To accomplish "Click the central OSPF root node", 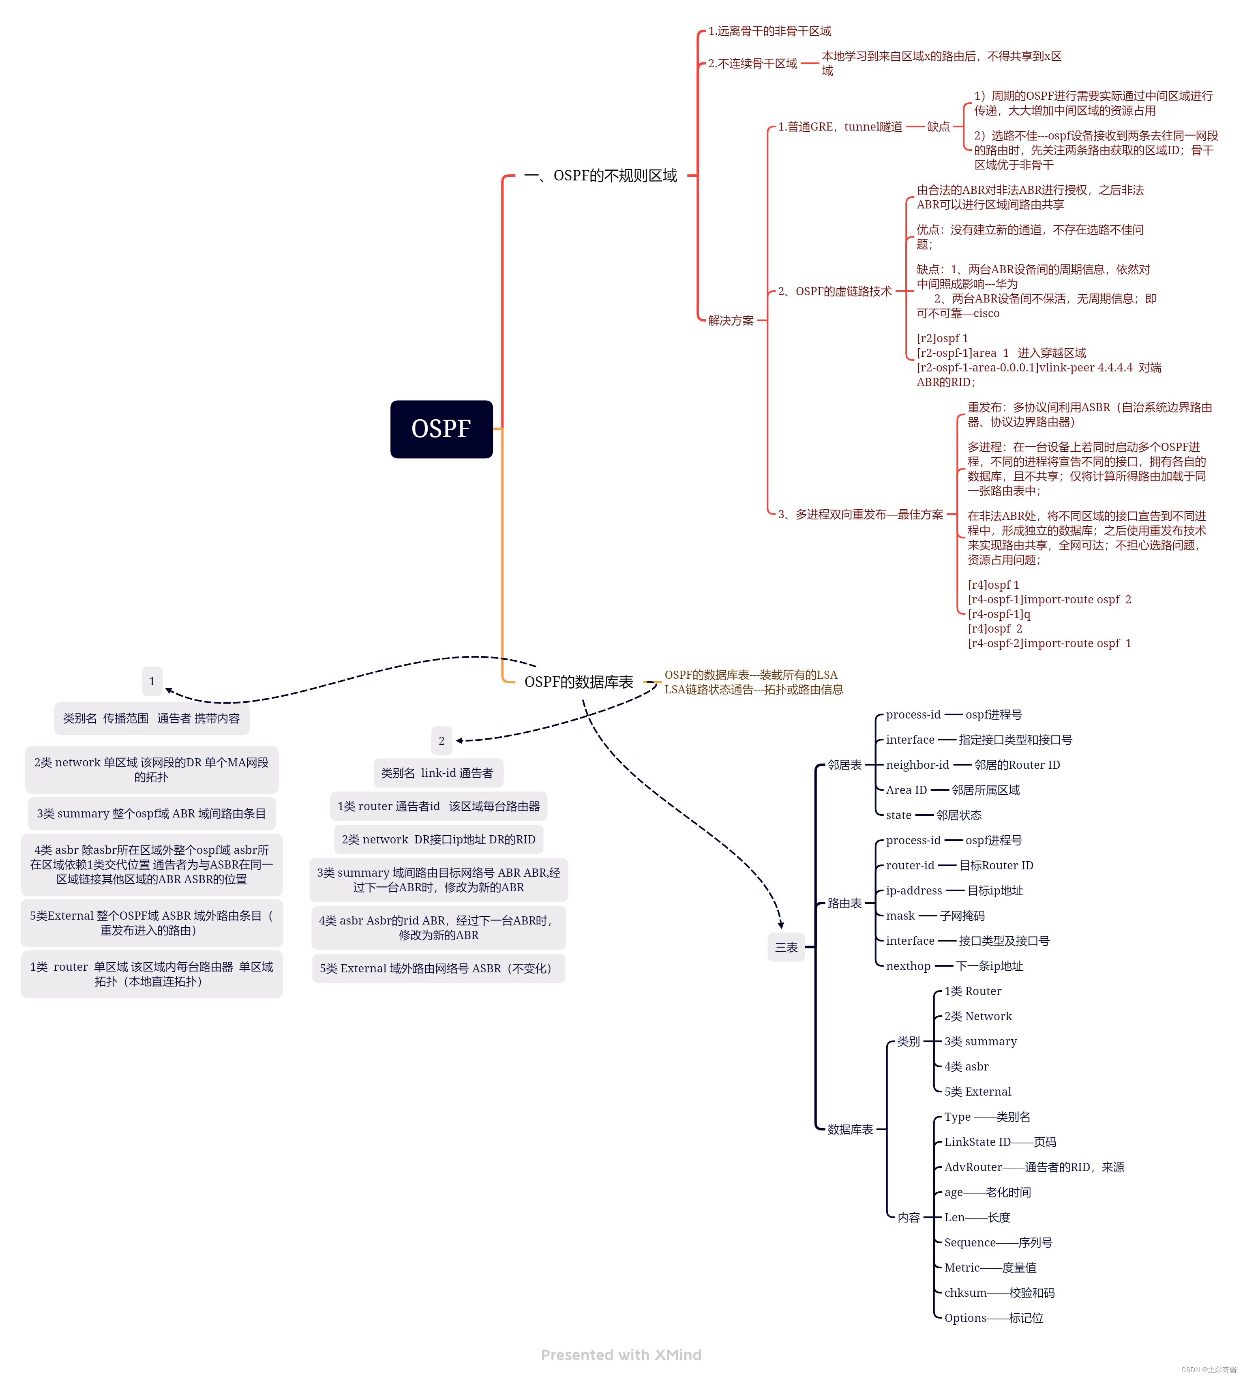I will [x=441, y=429].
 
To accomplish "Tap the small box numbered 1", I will [x=152, y=681].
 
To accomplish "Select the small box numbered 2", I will [x=441, y=740].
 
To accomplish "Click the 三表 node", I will [x=786, y=947].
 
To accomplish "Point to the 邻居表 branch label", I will [x=844, y=765].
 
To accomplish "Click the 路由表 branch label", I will [x=844, y=903].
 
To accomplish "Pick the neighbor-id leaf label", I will [x=917, y=765].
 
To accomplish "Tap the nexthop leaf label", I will [x=908, y=966].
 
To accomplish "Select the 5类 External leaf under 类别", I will [x=977, y=1092].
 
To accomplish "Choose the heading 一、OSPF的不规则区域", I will [x=600, y=176].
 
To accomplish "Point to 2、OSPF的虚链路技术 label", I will [x=835, y=292].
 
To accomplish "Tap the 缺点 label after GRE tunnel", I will [x=939, y=127].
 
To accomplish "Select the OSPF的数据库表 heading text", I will [x=579, y=682].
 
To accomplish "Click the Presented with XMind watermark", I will [x=621, y=1354].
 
